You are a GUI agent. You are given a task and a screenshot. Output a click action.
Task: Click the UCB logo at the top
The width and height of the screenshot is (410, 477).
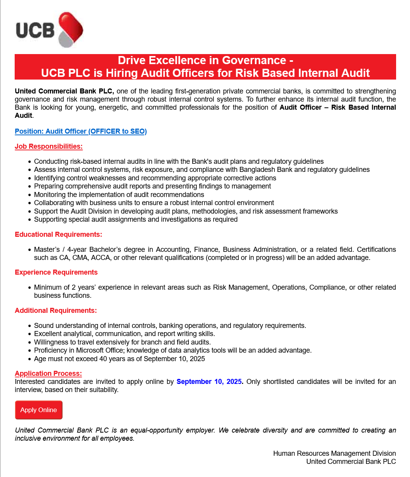(49, 30)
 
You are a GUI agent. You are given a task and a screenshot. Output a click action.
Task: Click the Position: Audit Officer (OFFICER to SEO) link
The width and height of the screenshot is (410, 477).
(81, 131)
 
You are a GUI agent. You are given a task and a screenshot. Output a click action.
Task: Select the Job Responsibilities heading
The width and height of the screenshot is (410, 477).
(49, 146)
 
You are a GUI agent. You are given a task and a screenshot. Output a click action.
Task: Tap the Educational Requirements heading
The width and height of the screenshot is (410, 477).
(58, 234)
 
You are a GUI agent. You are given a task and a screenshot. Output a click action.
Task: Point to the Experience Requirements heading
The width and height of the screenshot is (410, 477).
(56, 272)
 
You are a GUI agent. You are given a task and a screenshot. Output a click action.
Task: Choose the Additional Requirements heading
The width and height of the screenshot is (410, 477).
(56, 311)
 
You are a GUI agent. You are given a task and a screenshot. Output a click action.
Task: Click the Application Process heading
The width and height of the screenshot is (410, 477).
(48, 373)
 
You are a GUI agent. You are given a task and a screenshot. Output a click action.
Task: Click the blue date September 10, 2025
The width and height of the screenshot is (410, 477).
(209, 382)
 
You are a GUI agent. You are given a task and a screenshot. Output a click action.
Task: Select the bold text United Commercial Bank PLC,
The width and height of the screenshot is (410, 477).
(64, 91)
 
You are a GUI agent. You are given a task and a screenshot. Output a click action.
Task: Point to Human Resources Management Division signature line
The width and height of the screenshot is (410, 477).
(334, 453)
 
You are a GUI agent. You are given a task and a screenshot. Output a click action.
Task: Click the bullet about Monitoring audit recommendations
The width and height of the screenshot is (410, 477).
(119, 195)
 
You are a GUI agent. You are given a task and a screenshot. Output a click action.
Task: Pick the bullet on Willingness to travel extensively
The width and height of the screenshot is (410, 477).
(122, 342)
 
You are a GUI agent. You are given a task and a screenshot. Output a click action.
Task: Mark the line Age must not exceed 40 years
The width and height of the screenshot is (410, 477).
(119, 359)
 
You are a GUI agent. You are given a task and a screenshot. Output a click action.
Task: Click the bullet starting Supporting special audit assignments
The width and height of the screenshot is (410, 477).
(136, 219)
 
